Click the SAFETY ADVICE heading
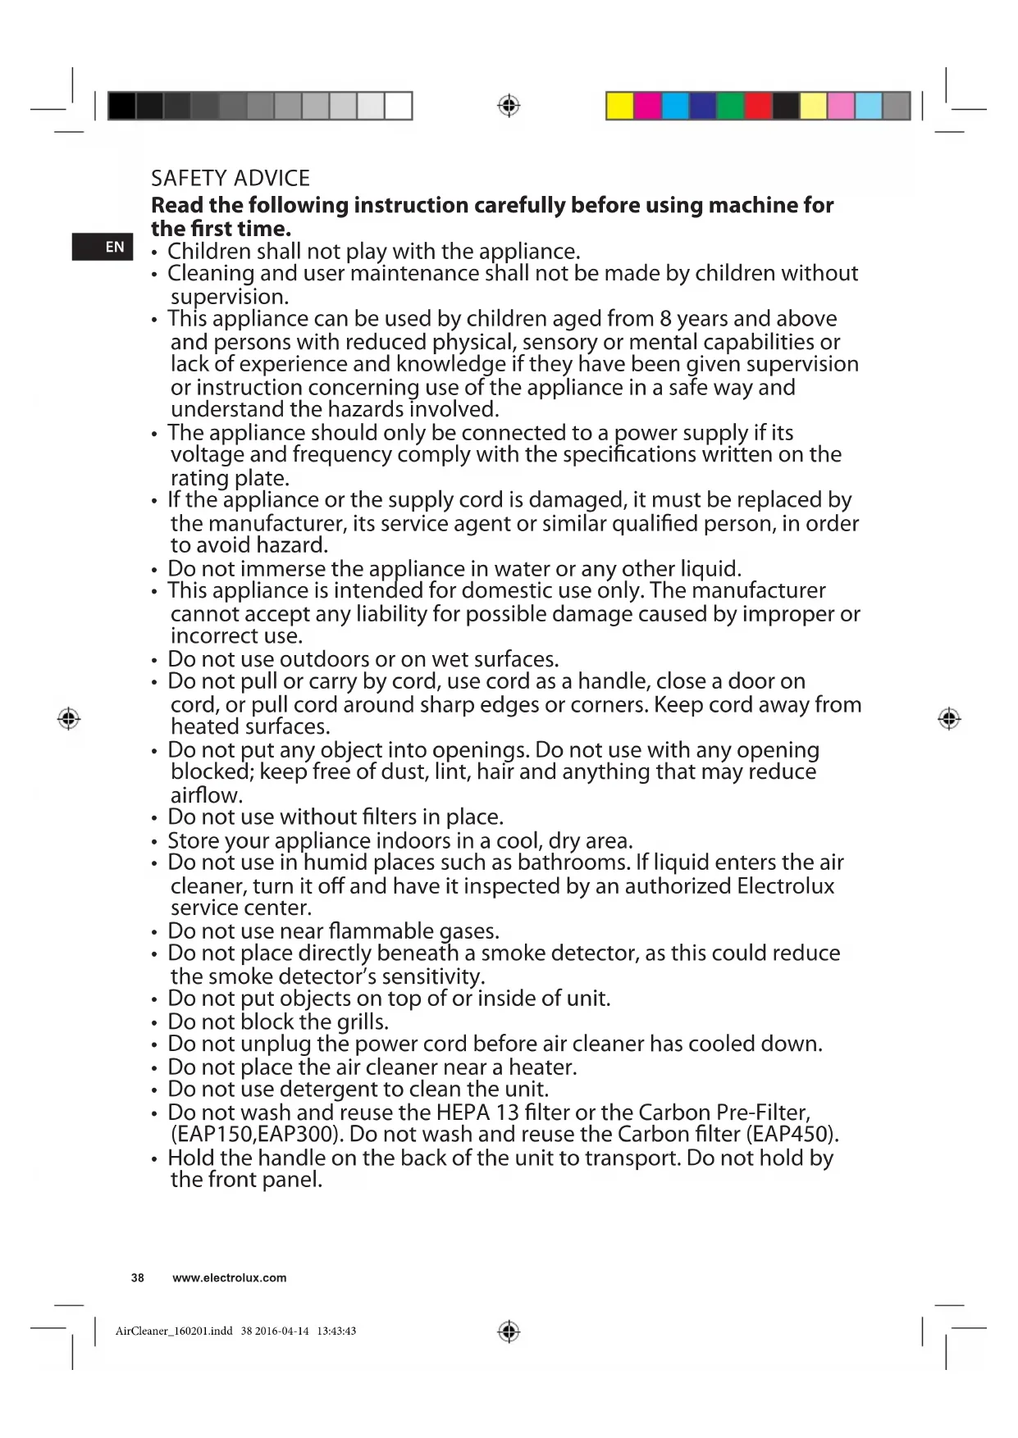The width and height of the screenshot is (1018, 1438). pyautogui.click(x=231, y=179)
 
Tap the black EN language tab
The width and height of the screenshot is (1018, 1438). pyautogui.click(x=103, y=247)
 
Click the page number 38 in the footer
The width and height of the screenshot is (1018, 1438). pyautogui.click(x=138, y=1277)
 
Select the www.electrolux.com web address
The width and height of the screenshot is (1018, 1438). pyautogui.click(x=230, y=1277)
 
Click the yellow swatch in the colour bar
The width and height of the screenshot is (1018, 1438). pyautogui.click(x=619, y=106)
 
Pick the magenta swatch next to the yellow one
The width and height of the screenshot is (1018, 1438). pyautogui.click(x=647, y=106)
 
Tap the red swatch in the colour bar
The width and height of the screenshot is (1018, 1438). pyautogui.click(x=758, y=106)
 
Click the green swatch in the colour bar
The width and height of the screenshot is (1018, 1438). pyautogui.click(x=730, y=106)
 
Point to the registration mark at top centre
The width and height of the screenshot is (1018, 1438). pyautogui.click(x=509, y=106)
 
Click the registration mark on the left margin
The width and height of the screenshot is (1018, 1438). pyautogui.click(x=69, y=719)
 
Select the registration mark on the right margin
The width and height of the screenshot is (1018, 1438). pyautogui.click(x=949, y=719)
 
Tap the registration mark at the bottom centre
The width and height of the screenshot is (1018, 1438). pyautogui.click(x=509, y=1331)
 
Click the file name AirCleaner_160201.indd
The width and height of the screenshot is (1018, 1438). pyautogui.click(x=174, y=1331)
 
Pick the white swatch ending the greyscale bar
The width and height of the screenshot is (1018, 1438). pyautogui.click(x=398, y=106)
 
